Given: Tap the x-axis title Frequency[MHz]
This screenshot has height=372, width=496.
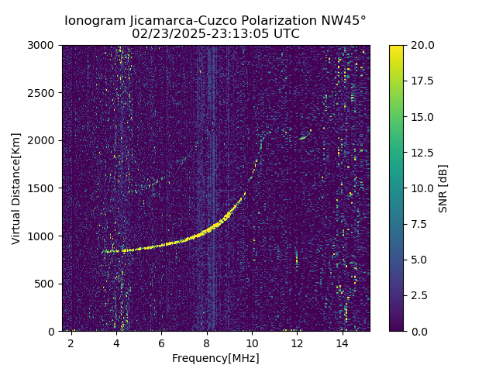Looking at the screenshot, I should click(x=215, y=358).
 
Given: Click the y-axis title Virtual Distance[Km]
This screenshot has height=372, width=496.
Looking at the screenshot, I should click(x=16, y=188).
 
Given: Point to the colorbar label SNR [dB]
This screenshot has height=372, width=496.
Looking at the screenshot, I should click(x=443, y=188).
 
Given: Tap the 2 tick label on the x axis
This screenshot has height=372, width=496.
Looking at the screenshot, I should click(x=71, y=343).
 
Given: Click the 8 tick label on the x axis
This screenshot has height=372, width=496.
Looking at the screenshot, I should click(x=207, y=343).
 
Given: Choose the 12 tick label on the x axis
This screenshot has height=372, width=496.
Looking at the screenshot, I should click(x=297, y=343).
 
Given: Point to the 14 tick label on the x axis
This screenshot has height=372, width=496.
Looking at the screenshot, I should click(x=342, y=343).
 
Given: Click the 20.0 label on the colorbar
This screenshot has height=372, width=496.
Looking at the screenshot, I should click(x=419, y=45).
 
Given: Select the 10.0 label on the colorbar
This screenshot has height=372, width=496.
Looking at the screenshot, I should click(x=419, y=188).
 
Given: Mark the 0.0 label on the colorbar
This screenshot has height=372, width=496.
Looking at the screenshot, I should click(x=417, y=331).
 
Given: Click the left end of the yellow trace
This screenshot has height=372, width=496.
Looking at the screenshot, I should click(x=104, y=251).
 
